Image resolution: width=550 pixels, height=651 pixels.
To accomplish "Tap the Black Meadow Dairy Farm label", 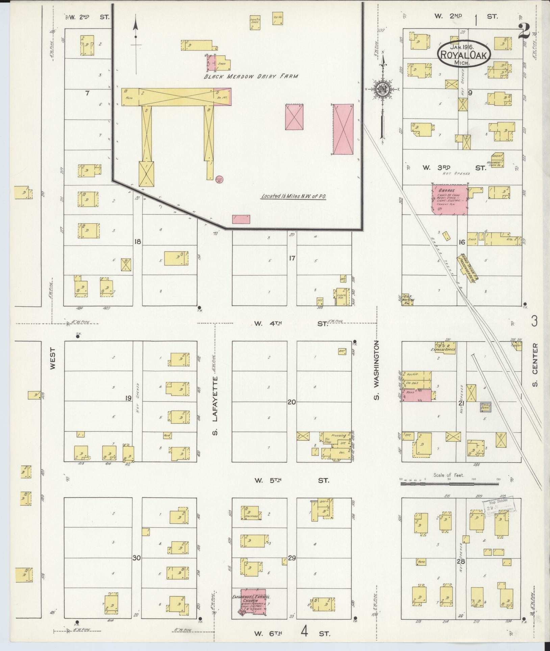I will click(251, 76).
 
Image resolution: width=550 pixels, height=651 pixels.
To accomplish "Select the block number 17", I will click(292, 258).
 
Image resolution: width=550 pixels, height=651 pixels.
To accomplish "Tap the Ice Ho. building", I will click(278, 19).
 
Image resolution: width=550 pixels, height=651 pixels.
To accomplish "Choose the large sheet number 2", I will click(524, 32).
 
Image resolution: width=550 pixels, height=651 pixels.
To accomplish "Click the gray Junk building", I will click(485, 407).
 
